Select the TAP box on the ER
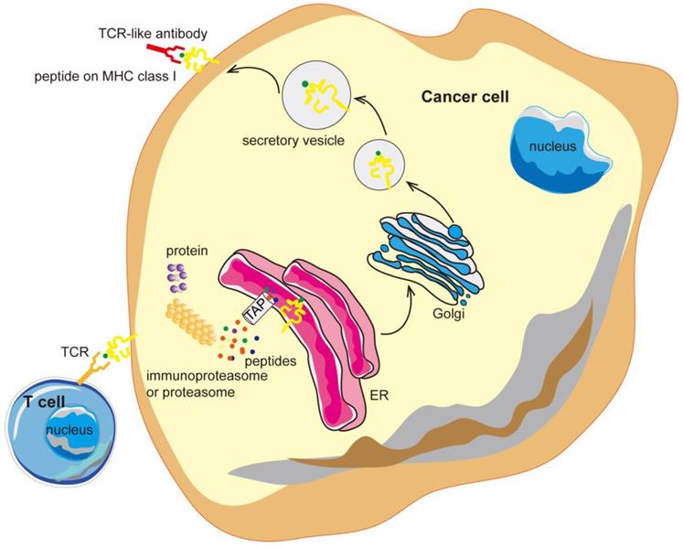256,312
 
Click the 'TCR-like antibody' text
154,34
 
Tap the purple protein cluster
177,276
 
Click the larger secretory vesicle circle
314,92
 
